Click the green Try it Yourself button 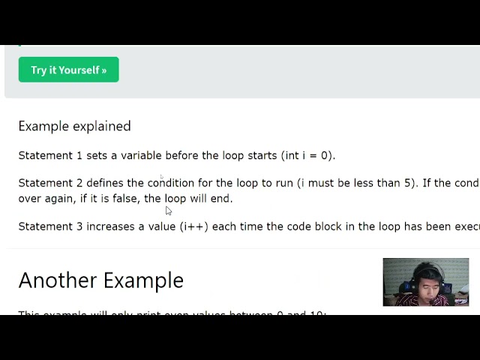click(x=68, y=70)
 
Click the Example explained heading click(x=74, y=126)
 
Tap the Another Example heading click(x=100, y=280)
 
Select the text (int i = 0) click(x=307, y=155)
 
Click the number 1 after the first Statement click(x=79, y=155)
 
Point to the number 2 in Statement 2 click(x=79, y=183)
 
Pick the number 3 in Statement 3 click(x=79, y=226)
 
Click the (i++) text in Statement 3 click(x=194, y=226)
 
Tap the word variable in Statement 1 click(x=142, y=155)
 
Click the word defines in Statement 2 click(x=105, y=183)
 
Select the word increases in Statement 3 click(x=110, y=226)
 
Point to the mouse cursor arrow click(x=168, y=211)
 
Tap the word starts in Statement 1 click(x=262, y=155)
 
